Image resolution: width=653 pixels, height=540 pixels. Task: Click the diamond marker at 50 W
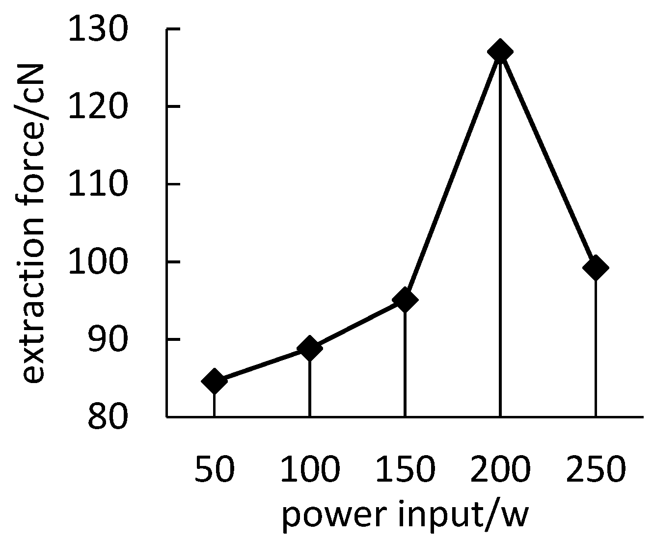click(x=215, y=381)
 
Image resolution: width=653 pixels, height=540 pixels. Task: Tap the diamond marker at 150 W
click(x=405, y=300)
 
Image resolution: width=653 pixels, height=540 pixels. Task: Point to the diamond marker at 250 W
click(x=596, y=268)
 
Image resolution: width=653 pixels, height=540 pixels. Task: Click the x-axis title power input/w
click(x=405, y=515)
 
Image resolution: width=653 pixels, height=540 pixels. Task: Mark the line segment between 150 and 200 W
click(x=453, y=176)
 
